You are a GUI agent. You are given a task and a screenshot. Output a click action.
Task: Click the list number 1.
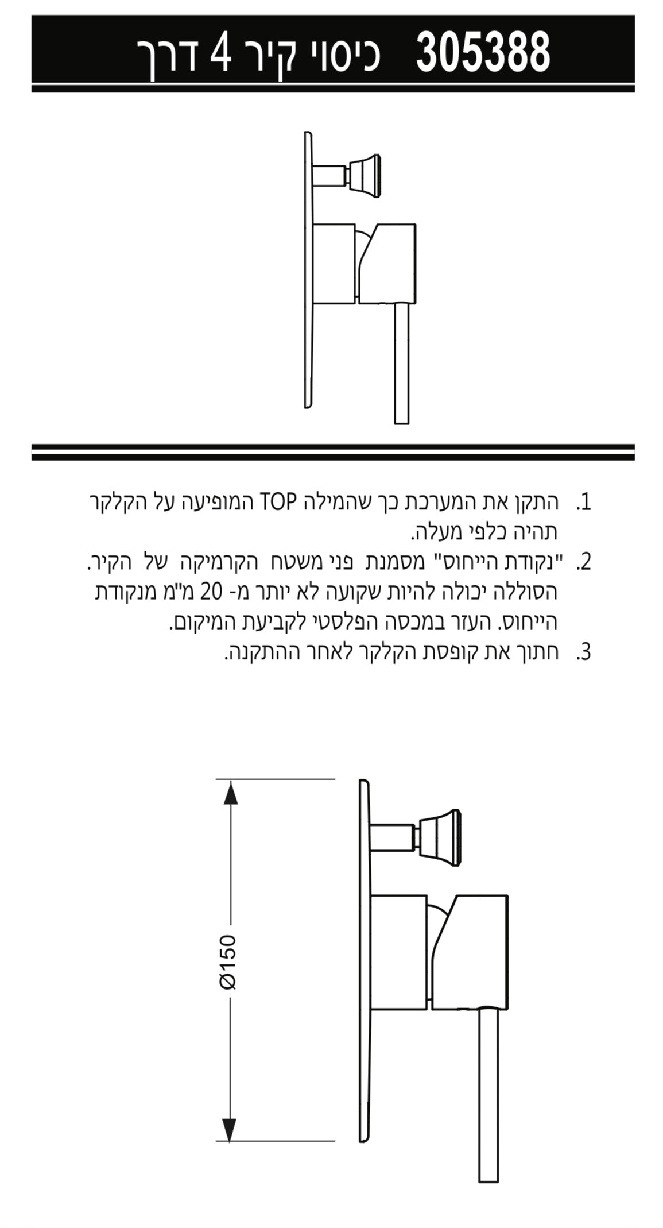[x=584, y=503]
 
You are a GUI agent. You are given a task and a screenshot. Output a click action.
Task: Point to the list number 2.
[x=584, y=562]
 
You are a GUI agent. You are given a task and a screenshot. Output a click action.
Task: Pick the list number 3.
[x=584, y=652]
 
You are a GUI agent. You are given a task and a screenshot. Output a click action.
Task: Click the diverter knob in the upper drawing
[x=362, y=171]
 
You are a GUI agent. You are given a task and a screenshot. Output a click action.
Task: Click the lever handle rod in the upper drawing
[x=402, y=362]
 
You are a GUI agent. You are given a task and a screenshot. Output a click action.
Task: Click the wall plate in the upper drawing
[x=309, y=270]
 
